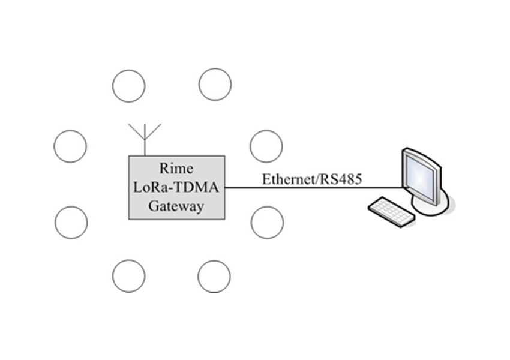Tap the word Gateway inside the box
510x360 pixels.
pyautogui.click(x=176, y=206)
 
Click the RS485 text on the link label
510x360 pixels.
pyautogui.click(x=340, y=179)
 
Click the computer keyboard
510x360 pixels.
pyautogui.click(x=389, y=210)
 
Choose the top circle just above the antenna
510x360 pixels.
pyautogui.click(x=128, y=85)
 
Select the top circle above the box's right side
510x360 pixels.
pyautogui.click(x=215, y=85)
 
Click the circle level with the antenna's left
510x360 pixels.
pyautogui.click(x=70, y=146)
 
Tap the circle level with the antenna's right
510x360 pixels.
pyautogui.click(x=266, y=146)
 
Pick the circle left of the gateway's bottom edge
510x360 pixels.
pyautogui.click(x=71, y=222)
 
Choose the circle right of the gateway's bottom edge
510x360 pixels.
pyautogui.click(x=267, y=222)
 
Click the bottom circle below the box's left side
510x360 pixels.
pyautogui.click(x=128, y=277)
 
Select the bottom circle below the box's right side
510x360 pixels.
pyautogui.click(x=214, y=277)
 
